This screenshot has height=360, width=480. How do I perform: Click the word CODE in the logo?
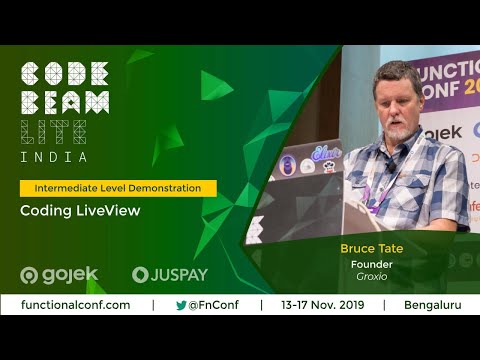tap(65, 75)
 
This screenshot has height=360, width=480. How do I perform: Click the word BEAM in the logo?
tap(65, 102)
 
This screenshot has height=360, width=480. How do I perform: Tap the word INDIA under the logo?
tap(54, 157)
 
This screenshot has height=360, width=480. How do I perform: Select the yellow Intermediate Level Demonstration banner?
tap(118, 188)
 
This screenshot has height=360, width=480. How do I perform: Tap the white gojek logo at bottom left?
tap(60, 275)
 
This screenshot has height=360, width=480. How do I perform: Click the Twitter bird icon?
tap(181, 305)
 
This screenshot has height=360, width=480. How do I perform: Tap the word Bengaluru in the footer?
tap(433, 305)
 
